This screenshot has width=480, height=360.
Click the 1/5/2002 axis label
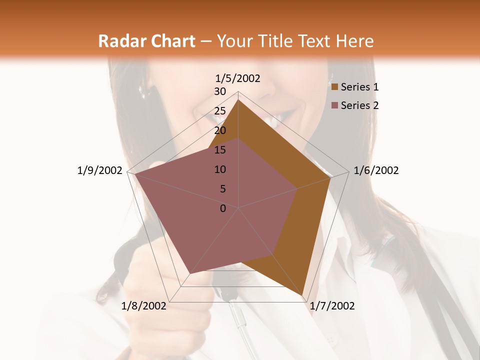tap(237, 78)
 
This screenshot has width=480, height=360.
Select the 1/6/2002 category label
tap(376, 170)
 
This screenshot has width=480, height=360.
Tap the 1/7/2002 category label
tap(332, 306)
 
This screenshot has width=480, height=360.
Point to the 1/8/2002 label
tap(144, 306)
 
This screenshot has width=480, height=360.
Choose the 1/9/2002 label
tap(100, 170)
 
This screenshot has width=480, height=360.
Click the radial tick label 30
tap(220, 91)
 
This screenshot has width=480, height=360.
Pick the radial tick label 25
tap(220, 111)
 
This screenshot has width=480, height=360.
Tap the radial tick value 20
tap(220, 130)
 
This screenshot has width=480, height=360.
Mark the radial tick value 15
tap(220, 150)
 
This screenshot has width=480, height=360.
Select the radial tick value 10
tap(220, 169)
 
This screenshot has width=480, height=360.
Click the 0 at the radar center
tap(223, 208)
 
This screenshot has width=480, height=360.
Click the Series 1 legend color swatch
tap(335, 87)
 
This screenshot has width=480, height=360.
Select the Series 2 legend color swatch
tap(335, 105)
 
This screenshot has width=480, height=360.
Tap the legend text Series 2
tap(359, 105)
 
